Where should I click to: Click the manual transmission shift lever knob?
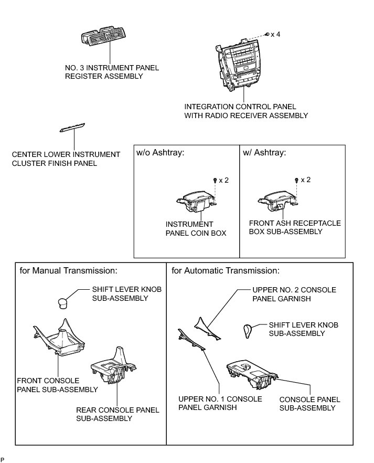(x=63, y=302)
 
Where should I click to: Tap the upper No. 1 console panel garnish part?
(x=192, y=339)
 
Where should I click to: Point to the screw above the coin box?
(x=216, y=180)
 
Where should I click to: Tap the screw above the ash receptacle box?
(x=297, y=180)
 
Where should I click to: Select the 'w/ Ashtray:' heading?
(x=264, y=154)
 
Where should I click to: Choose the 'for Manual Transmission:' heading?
(x=68, y=271)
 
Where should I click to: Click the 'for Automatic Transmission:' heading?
(x=226, y=271)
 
